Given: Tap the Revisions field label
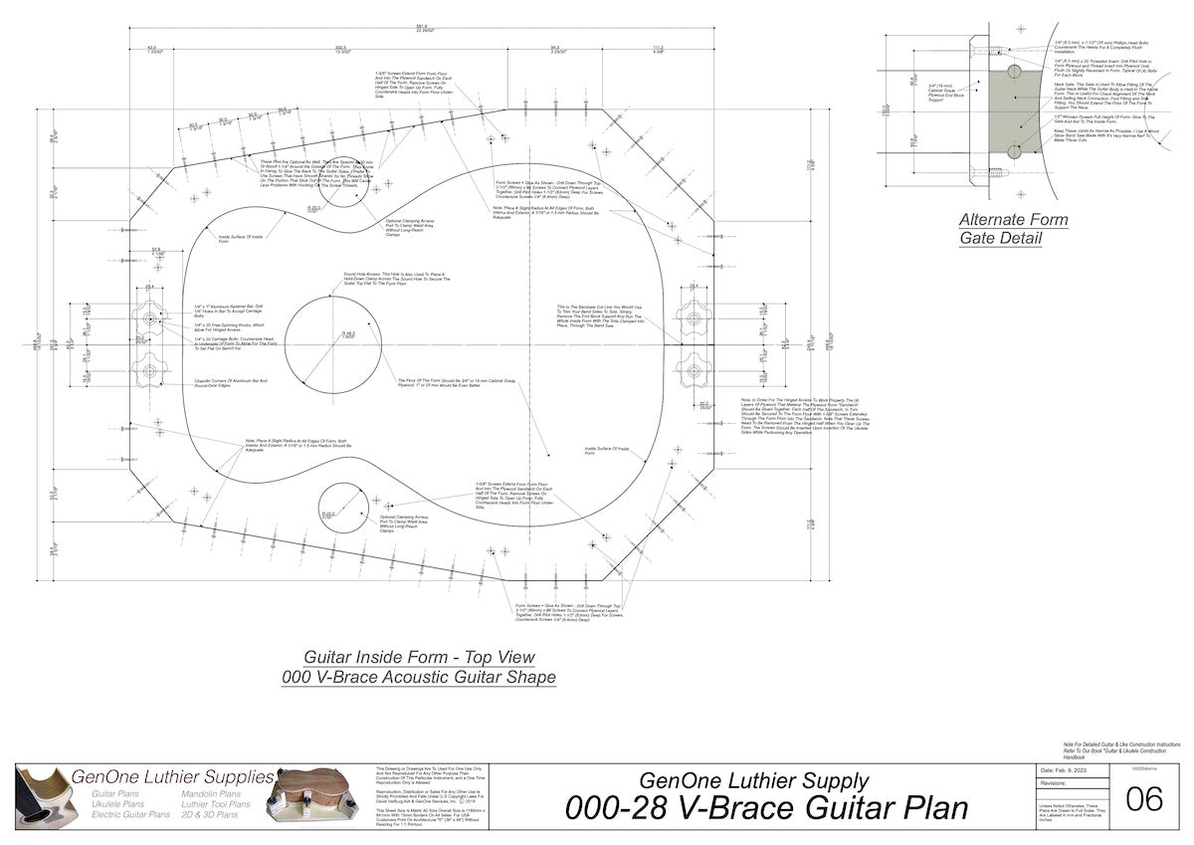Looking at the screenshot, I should pyautogui.click(x=1056, y=784).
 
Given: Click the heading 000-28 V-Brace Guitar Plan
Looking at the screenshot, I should pyautogui.click(x=766, y=807).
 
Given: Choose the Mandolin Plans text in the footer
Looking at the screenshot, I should pyautogui.click(x=210, y=793).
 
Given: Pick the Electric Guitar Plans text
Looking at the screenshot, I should pyautogui.click(x=130, y=814).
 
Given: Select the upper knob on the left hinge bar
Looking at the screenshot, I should pyautogui.click(x=151, y=319).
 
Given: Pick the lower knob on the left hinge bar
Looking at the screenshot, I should pyautogui.click(x=151, y=370).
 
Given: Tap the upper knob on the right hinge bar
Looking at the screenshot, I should pyautogui.click(x=694, y=319).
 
